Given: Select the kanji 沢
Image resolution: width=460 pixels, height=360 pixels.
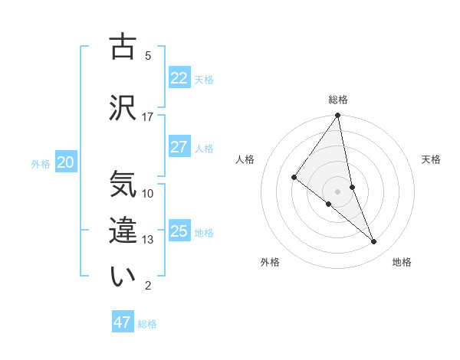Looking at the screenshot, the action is (x=123, y=107).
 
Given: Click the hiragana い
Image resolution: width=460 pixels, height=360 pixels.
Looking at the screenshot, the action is (x=123, y=277).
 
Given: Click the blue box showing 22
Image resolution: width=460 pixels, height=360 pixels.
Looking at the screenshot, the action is (x=179, y=78).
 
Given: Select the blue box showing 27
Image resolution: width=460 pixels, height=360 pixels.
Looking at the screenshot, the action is (x=179, y=147).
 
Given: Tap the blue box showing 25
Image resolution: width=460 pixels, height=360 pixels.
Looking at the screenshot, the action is (x=179, y=231).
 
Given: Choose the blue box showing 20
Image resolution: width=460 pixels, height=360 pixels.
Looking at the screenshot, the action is (x=65, y=162).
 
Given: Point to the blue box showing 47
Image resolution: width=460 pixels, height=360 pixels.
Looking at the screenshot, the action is (x=123, y=322).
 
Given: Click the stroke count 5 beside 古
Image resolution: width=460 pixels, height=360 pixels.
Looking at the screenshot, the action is (x=148, y=56).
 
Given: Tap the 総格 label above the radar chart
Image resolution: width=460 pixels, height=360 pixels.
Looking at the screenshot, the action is (x=338, y=100).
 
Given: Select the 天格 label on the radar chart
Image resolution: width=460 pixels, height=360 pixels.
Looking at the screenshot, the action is (x=432, y=159).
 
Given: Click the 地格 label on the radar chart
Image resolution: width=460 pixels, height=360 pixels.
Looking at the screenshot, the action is (x=402, y=262).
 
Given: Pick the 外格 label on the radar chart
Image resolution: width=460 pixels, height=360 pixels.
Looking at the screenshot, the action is (x=270, y=262).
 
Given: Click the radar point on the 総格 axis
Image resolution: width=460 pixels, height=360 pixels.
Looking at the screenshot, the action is (x=338, y=116).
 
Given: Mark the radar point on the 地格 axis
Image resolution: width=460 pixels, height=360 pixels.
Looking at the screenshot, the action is (x=374, y=241).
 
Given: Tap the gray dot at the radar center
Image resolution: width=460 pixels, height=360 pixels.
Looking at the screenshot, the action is (x=338, y=191).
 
